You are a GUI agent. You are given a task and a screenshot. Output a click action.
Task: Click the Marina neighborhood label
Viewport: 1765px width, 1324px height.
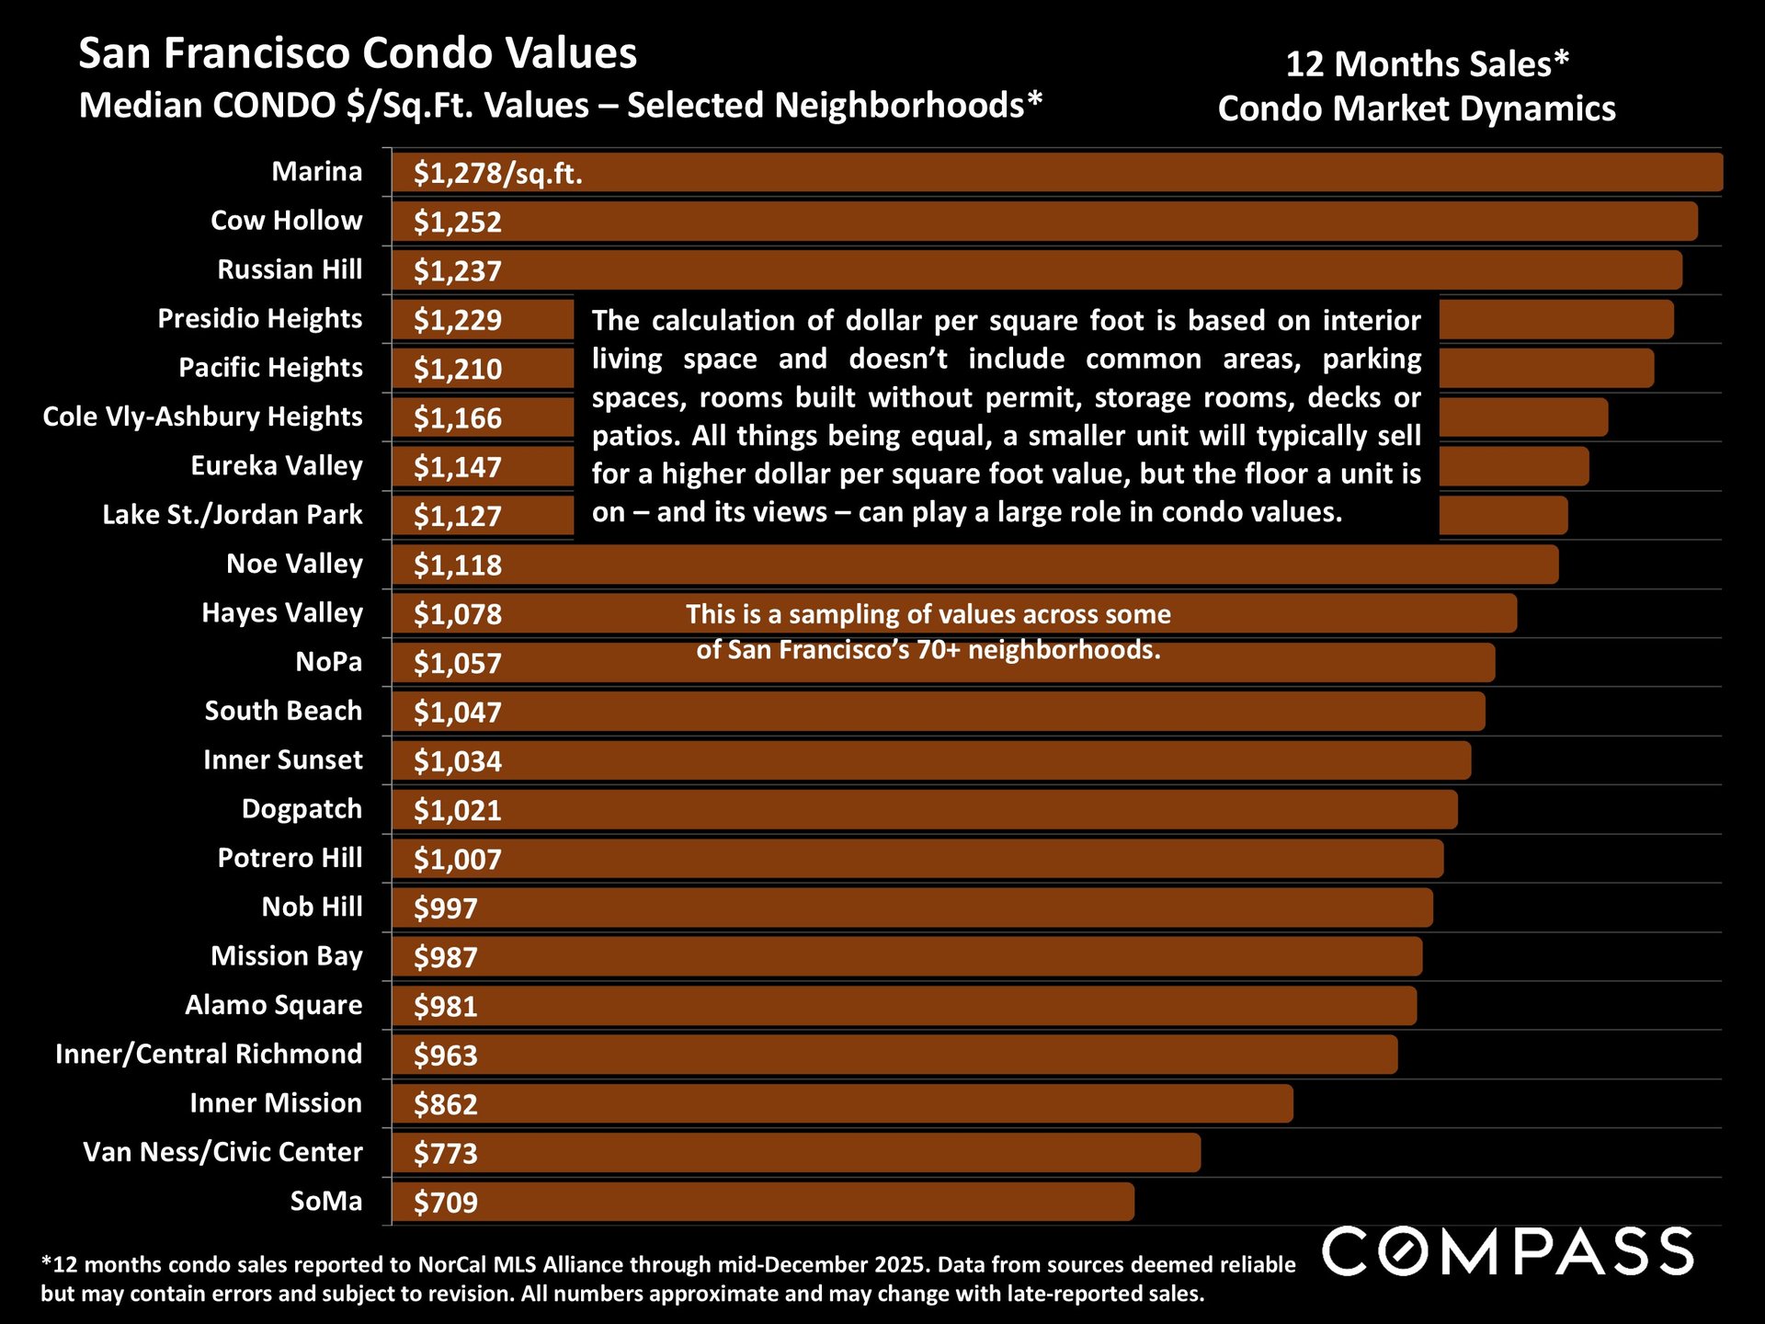pyautogui.click(x=316, y=172)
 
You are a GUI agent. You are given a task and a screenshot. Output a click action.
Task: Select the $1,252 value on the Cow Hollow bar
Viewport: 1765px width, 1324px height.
pyautogui.click(x=457, y=222)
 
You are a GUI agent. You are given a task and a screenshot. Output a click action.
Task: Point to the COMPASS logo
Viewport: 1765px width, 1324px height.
pyautogui.click(x=1508, y=1252)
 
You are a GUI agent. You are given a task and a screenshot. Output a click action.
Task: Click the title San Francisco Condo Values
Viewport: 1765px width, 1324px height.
pyautogui.click(x=358, y=53)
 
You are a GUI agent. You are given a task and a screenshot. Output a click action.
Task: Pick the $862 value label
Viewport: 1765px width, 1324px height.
pyautogui.click(x=445, y=1104)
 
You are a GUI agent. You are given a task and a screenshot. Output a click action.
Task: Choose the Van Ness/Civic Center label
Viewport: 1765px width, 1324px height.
pyautogui.click(x=222, y=1152)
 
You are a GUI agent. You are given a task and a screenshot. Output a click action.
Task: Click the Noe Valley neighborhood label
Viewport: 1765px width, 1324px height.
pyautogui.click(x=294, y=564)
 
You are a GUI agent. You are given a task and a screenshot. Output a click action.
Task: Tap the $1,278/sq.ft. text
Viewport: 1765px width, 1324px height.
pyautogui.click(x=497, y=173)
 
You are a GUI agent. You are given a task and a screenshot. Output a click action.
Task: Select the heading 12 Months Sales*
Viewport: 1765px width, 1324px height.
pyautogui.click(x=1427, y=64)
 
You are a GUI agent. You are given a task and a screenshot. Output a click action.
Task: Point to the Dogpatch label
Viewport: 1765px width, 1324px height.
pyautogui.click(x=302, y=809)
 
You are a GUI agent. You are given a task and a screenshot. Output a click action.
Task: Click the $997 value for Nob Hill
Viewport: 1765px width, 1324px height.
pyautogui.click(x=445, y=908)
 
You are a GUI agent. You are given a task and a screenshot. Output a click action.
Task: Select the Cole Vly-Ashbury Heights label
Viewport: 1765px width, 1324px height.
pyautogui.click(x=202, y=417)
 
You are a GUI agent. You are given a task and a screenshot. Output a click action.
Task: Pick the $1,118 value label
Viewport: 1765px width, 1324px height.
pyautogui.click(x=457, y=565)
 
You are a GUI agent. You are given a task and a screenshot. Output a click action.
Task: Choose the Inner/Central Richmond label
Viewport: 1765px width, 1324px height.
pyautogui.click(x=209, y=1054)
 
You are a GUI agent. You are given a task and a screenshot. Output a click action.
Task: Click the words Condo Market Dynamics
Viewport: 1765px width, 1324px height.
pyautogui.click(x=1416, y=108)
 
